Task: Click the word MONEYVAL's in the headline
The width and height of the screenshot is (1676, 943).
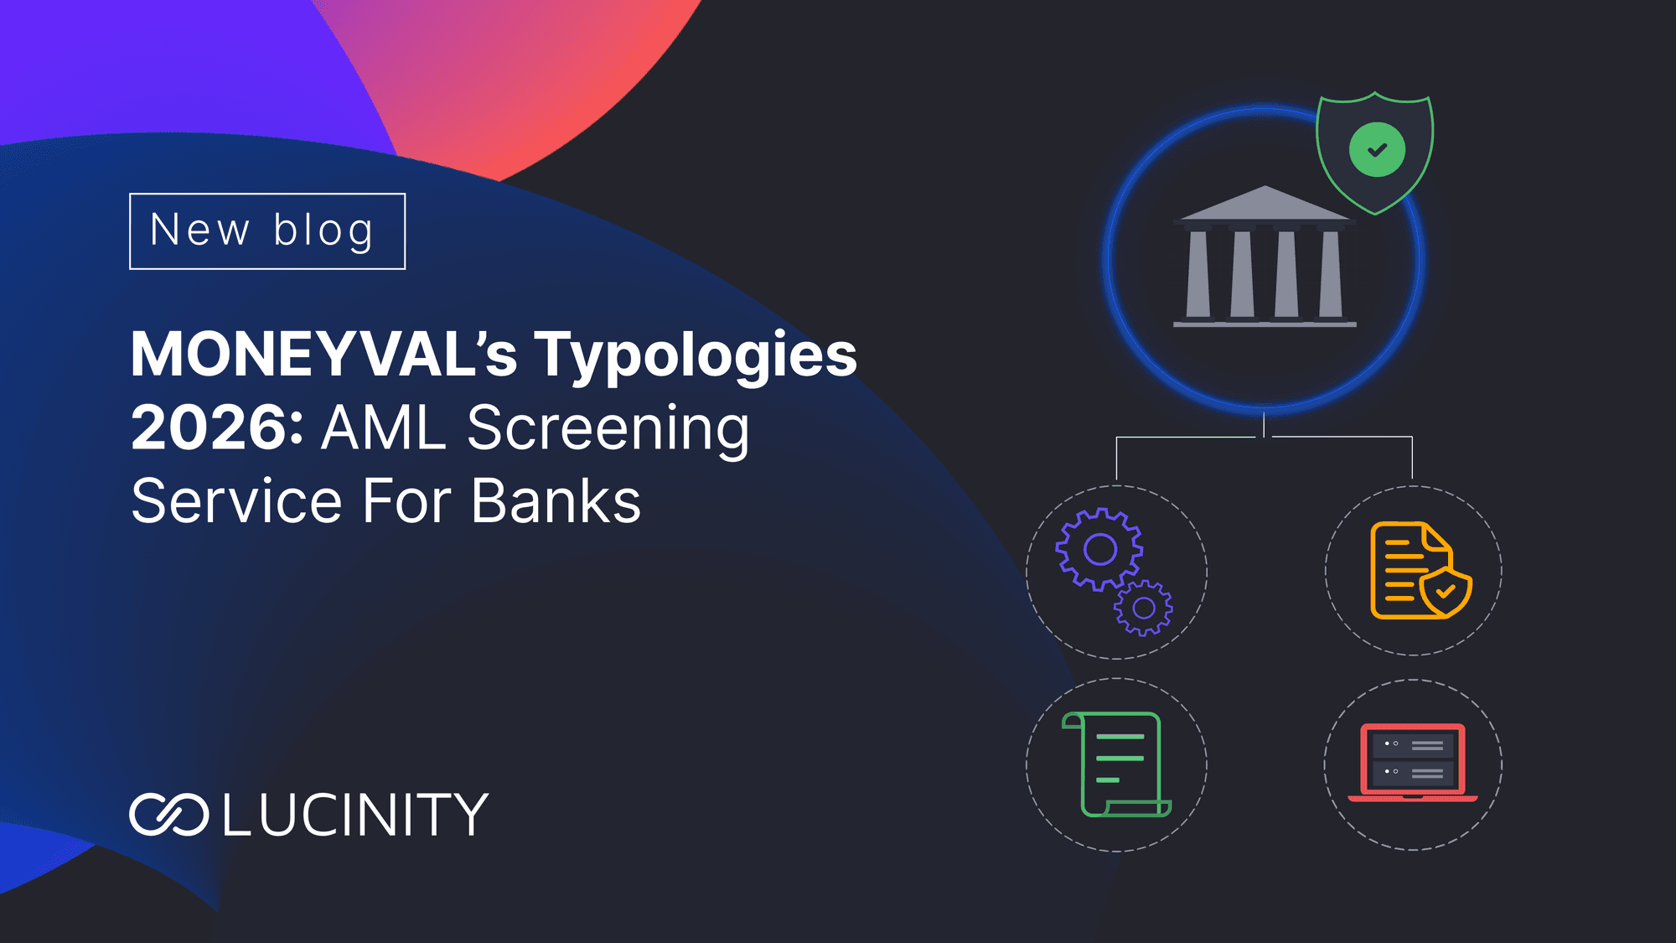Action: click(x=323, y=355)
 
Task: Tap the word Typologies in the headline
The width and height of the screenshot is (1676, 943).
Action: click(x=696, y=355)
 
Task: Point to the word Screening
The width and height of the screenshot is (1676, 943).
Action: click(x=608, y=427)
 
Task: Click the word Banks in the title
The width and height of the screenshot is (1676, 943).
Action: click(x=556, y=501)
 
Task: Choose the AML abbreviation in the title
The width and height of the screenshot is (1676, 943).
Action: click(x=384, y=427)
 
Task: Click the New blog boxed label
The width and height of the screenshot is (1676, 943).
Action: click(x=267, y=231)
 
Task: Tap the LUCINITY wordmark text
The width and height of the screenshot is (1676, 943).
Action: click(x=355, y=815)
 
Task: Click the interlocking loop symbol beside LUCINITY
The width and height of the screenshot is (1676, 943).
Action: click(x=168, y=815)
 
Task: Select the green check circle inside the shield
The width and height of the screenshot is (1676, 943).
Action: click(x=1377, y=150)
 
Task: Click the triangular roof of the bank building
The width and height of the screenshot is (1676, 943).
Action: click(x=1265, y=204)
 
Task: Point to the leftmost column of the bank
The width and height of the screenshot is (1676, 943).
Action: click(x=1198, y=273)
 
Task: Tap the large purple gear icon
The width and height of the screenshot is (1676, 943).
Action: click(x=1099, y=550)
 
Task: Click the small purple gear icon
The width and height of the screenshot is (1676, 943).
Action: click(x=1144, y=608)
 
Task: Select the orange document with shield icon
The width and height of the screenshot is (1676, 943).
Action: click(x=1416, y=572)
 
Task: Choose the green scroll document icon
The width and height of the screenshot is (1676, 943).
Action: click(x=1117, y=764)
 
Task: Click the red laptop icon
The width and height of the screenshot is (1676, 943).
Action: click(x=1413, y=762)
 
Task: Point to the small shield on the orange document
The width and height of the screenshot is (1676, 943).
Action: click(x=1446, y=592)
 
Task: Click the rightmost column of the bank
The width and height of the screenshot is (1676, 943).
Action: click(x=1331, y=273)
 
